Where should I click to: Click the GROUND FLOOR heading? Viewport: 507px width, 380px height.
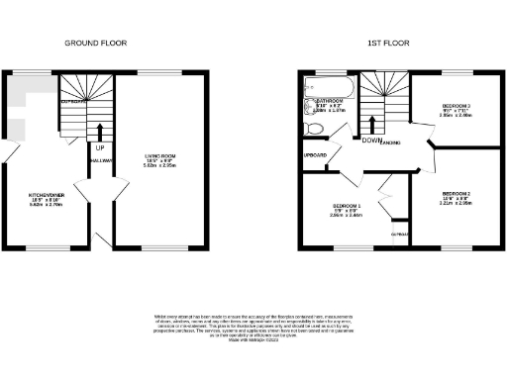pyautogui.click(x=96, y=44)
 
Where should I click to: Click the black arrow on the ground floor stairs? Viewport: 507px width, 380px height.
pyautogui.click(x=99, y=131)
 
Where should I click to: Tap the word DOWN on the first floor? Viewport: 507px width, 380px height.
pyautogui.click(x=373, y=140)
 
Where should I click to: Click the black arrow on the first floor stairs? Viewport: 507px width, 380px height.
pyautogui.click(x=371, y=125)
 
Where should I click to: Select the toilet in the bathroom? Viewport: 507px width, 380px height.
pyautogui.click(x=314, y=129)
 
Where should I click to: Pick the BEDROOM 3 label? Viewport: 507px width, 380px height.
pyautogui.click(x=456, y=105)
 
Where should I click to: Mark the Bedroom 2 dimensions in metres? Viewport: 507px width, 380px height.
pyautogui.click(x=456, y=203)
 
